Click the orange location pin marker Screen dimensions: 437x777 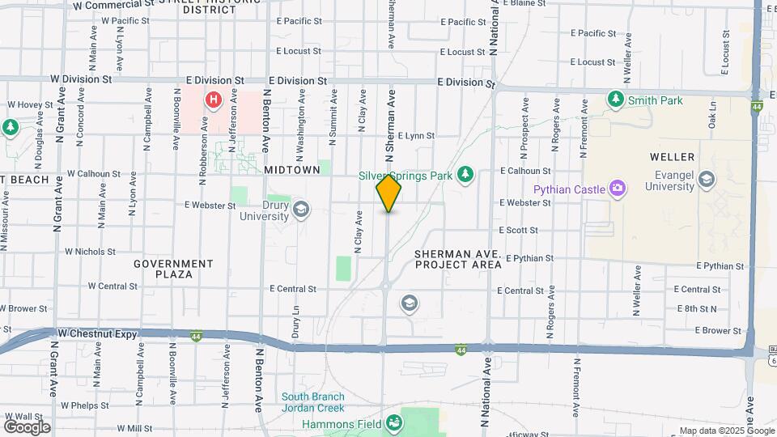[x=388, y=193]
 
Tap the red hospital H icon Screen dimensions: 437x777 [x=213, y=100]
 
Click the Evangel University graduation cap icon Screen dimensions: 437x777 [x=707, y=179]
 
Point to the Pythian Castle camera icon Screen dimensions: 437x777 [x=618, y=189]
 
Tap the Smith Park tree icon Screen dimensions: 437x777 [x=616, y=100]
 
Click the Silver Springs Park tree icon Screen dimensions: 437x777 [x=465, y=174]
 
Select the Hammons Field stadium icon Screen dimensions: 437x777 [x=393, y=422]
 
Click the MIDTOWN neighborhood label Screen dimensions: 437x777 [x=292, y=172]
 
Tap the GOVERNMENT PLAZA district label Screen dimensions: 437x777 [x=173, y=269]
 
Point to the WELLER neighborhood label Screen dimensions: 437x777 [x=672, y=156]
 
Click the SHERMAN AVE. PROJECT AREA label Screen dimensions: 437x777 [x=457, y=259]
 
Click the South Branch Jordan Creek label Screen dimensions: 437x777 [x=312, y=402]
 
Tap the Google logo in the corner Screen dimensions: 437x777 [x=27, y=426]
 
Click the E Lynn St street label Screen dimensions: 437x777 [x=416, y=136]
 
